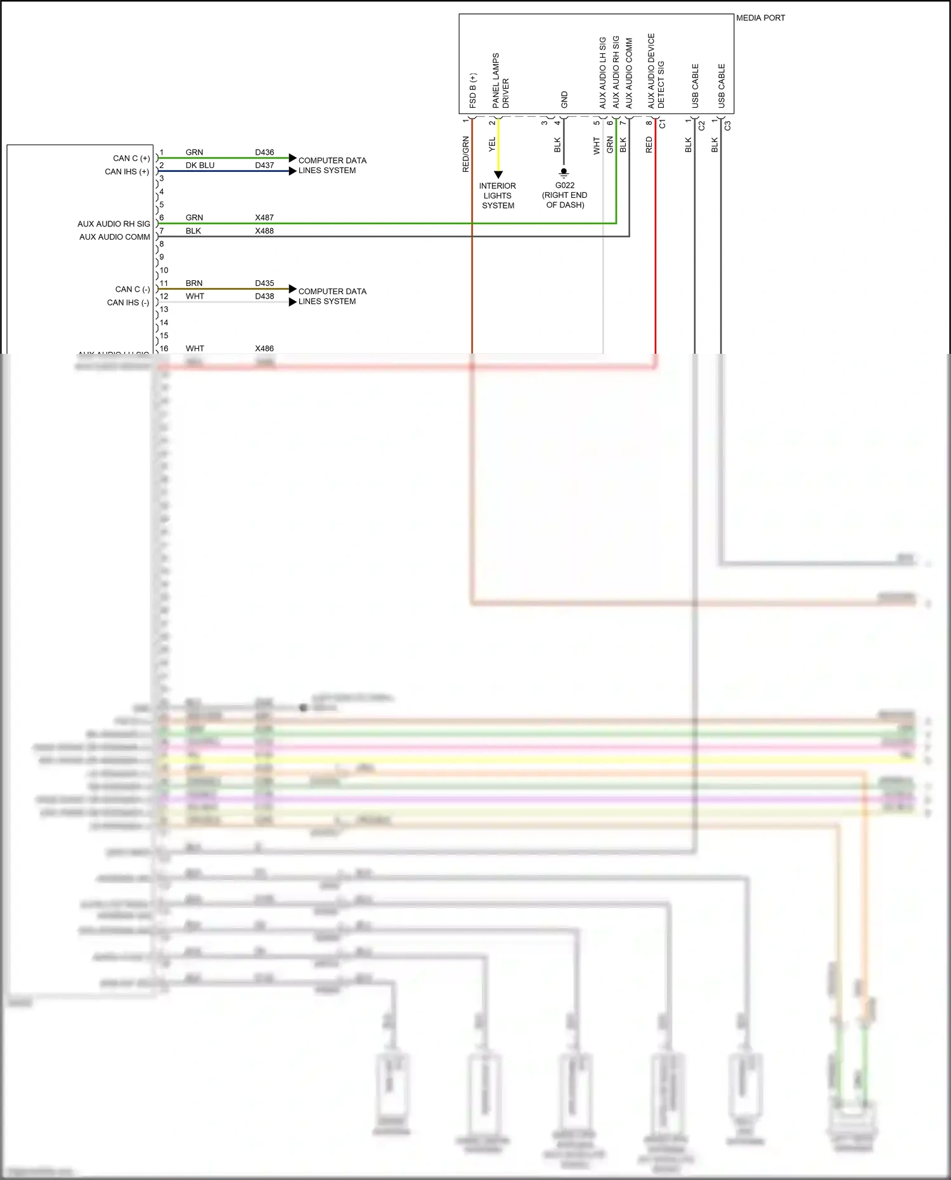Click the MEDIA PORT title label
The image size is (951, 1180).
[760, 18]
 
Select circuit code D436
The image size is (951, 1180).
[264, 152]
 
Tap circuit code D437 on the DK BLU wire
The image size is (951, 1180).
[264, 165]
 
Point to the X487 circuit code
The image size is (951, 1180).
[264, 217]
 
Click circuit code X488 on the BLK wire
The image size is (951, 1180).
[264, 231]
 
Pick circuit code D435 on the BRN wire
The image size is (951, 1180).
[264, 283]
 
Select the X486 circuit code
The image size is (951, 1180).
[264, 349]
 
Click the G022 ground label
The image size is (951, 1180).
[564, 186]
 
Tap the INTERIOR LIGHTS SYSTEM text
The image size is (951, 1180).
[498, 195]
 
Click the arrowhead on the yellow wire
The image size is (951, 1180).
[498, 174]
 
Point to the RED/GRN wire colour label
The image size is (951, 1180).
[466, 154]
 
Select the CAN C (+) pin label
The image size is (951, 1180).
[131, 159]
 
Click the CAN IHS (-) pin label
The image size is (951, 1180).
[128, 302]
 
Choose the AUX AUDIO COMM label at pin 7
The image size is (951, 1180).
[115, 237]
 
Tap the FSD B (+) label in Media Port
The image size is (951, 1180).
[472, 91]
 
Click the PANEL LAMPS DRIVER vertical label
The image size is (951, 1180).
[500, 81]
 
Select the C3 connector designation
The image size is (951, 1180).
[727, 126]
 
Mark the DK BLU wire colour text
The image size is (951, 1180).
[200, 165]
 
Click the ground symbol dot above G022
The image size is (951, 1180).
[564, 171]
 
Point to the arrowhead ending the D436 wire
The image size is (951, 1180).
[292, 158]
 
